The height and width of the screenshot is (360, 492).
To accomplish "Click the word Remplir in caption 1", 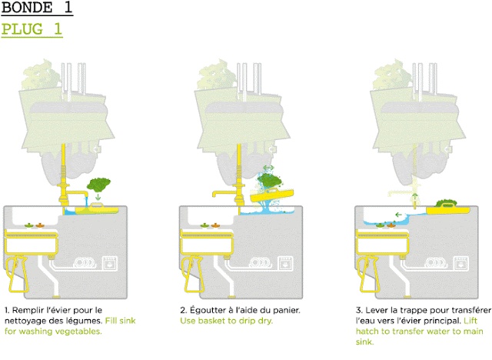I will [x=32, y=310].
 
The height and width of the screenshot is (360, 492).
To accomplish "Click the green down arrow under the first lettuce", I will [x=98, y=198].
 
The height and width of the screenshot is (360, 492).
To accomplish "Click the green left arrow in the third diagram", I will [x=398, y=215].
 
